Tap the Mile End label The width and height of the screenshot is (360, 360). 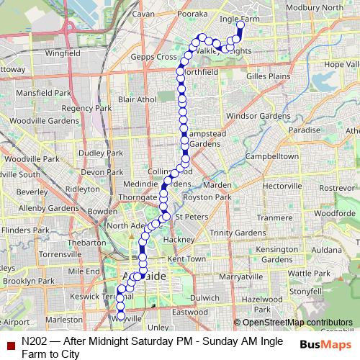84,270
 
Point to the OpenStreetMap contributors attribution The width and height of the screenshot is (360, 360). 294,323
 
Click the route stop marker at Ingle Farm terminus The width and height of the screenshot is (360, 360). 240,24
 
